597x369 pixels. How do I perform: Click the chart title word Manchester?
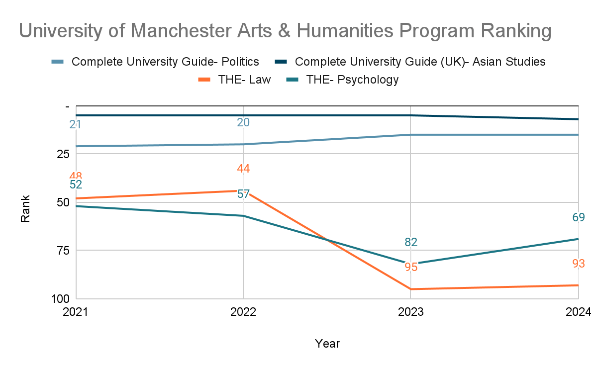click(x=182, y=31)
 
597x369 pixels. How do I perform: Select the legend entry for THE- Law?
click(x=234, y=80)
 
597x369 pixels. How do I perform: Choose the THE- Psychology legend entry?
click(x=342, y=80)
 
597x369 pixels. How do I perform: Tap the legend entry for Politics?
click(x=155, y=62)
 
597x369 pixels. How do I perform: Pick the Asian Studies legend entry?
click(x=410, y=62)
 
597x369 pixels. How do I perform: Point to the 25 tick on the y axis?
click(x=63, y=154)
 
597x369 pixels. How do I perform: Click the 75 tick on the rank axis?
click(x=63, y=251)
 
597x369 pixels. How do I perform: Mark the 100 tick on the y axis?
click(x=60, y=299)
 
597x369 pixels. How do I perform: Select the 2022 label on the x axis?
click(x=243, y=312)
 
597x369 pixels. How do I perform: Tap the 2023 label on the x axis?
click(x=411, y=312)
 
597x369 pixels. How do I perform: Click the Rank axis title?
click(x=25, y=208)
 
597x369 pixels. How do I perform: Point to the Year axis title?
click(x=327, y=344)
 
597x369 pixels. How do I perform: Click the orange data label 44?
click(x=243, y=169)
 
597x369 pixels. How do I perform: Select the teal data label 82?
click(x=411, y=242)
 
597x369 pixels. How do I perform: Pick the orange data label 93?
click(x=579, y=264)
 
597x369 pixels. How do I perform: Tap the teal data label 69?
click(x=579, y=217)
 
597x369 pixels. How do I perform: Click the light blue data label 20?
click(x=243, y=122)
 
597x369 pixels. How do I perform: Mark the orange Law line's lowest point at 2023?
click(x=410, y=289)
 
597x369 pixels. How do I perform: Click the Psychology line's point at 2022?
click(x=243, y=216)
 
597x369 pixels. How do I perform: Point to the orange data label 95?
click(x=411, y=267)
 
